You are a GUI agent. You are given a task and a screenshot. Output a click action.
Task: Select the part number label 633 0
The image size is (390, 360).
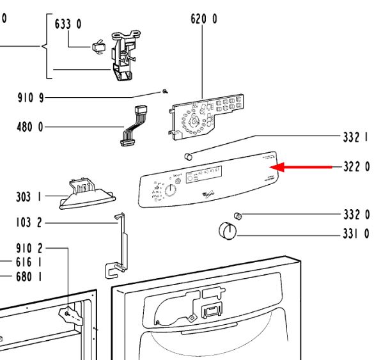(x=69, y=24)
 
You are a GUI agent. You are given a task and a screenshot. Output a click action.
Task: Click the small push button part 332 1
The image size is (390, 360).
(x=188, y=155)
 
